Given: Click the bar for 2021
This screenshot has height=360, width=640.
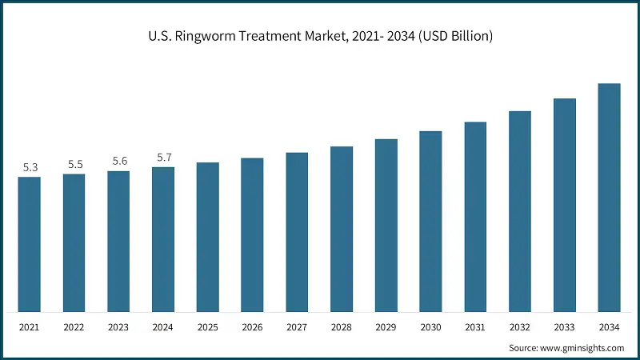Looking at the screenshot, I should (30, 244).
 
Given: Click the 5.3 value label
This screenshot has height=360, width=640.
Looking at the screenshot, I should (30, 167).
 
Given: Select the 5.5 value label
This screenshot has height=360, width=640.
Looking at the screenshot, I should (75, 164).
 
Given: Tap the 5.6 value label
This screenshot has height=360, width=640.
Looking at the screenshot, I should (119, 161).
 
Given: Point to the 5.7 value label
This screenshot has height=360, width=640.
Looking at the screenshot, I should (164, 158).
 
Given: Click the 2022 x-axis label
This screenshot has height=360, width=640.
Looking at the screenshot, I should (74, 327).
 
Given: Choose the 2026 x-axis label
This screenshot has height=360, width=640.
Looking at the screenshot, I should (253, 327).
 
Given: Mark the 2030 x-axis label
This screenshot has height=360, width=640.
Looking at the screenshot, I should (431, 327).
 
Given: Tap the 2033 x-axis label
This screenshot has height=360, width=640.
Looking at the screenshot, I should (565, 327).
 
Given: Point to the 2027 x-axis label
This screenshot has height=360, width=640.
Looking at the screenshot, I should (297, 327).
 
